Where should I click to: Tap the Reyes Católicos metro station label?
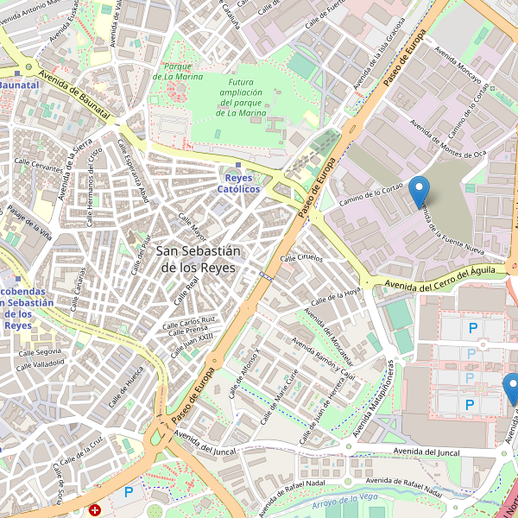point(238,183)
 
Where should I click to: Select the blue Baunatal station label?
point(19,85)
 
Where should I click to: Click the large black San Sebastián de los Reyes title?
point(199,259)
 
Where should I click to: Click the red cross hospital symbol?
point(94,510)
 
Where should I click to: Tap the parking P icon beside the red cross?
point(129,492)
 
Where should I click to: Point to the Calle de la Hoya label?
point(336,297)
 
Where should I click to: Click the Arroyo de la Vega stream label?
point(346,501)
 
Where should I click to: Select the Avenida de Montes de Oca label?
point(448,141)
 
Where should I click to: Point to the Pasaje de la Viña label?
point(30,223)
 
